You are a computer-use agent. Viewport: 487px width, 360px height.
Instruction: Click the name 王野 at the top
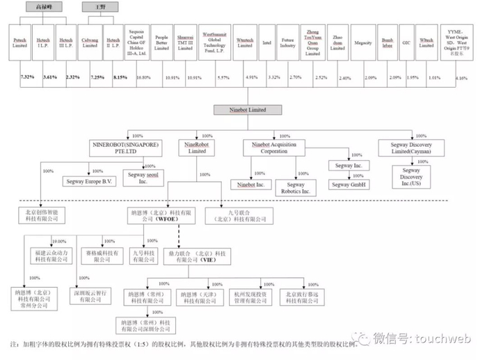point(93,6)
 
